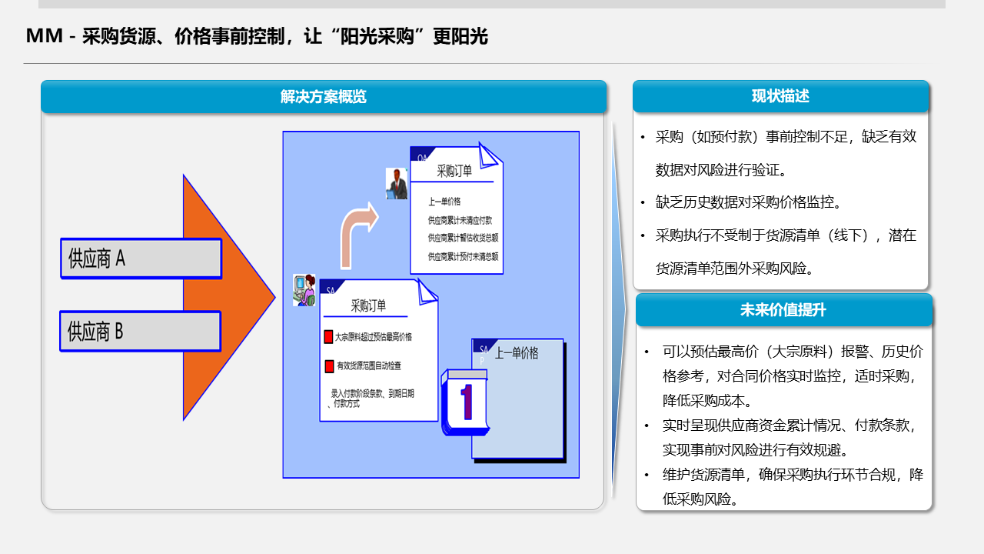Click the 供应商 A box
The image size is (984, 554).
click(141, 259)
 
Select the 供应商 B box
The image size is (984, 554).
click(140, 332)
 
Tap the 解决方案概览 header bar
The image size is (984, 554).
click(324, 97)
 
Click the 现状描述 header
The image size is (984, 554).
click(780, 96)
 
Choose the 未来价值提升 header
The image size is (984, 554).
click(783, 309)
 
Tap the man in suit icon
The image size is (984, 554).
click(397, 185)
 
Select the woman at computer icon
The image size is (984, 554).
click(304, 290)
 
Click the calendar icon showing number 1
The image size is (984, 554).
click(465, 402)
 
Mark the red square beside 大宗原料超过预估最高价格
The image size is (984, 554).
click(328, 337)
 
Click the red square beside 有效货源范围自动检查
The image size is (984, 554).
click(328, 366)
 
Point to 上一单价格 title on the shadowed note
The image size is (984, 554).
click(517, 353)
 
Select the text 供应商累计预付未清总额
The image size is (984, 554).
click(463, 256)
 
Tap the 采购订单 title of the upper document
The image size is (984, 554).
click(454, 172)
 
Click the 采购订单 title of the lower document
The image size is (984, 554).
click(369, 305)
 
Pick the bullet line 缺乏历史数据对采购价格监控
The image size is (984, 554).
click(749, 202)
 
